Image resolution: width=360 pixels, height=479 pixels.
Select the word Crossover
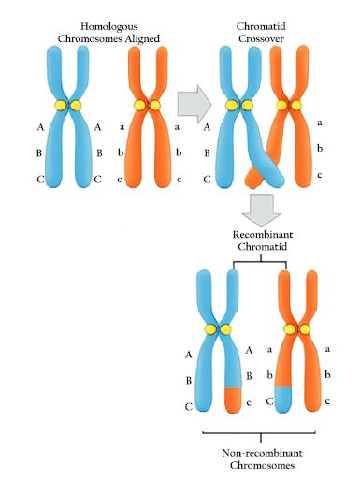[x=265, y=38]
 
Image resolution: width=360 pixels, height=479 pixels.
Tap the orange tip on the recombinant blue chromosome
[x=235, y=399]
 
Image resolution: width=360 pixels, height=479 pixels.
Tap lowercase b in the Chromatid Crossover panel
[x=321, y=148]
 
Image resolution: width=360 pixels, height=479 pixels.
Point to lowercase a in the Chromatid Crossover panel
[x=321, y=122]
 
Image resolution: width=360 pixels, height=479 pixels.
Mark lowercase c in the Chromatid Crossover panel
[x=321, y=174]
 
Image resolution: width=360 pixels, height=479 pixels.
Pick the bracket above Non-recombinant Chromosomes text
[x=258, y=434]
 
